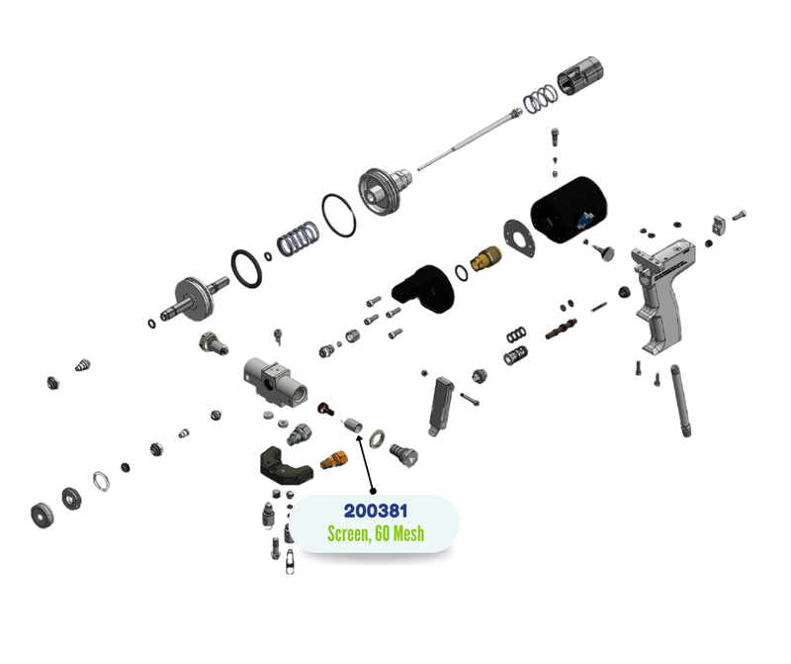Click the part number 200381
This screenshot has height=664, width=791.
(x=376, y=511)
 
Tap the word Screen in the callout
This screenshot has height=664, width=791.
(x=348, y=533)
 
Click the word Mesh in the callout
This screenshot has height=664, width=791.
(x=408, y=533)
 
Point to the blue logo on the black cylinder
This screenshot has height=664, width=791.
(x=585, y=220)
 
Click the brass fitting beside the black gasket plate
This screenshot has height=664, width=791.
(x=485, y=258)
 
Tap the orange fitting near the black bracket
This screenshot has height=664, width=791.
(x=334, y=459)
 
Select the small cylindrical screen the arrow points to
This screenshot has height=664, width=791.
(x=353, y=426)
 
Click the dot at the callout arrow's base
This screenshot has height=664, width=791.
(x=373, y=491)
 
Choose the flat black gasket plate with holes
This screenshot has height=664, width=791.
(x=519, y=238)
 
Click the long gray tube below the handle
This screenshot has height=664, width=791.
(x=680, y=400)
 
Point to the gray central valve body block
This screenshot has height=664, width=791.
(x=275, y=382)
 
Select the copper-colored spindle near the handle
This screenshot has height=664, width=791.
(x=561, y=329)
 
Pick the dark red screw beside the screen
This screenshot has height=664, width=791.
(x=326, y=408)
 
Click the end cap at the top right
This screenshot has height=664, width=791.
(x=580, y=76)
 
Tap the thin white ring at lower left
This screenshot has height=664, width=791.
(x=101, y=481)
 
